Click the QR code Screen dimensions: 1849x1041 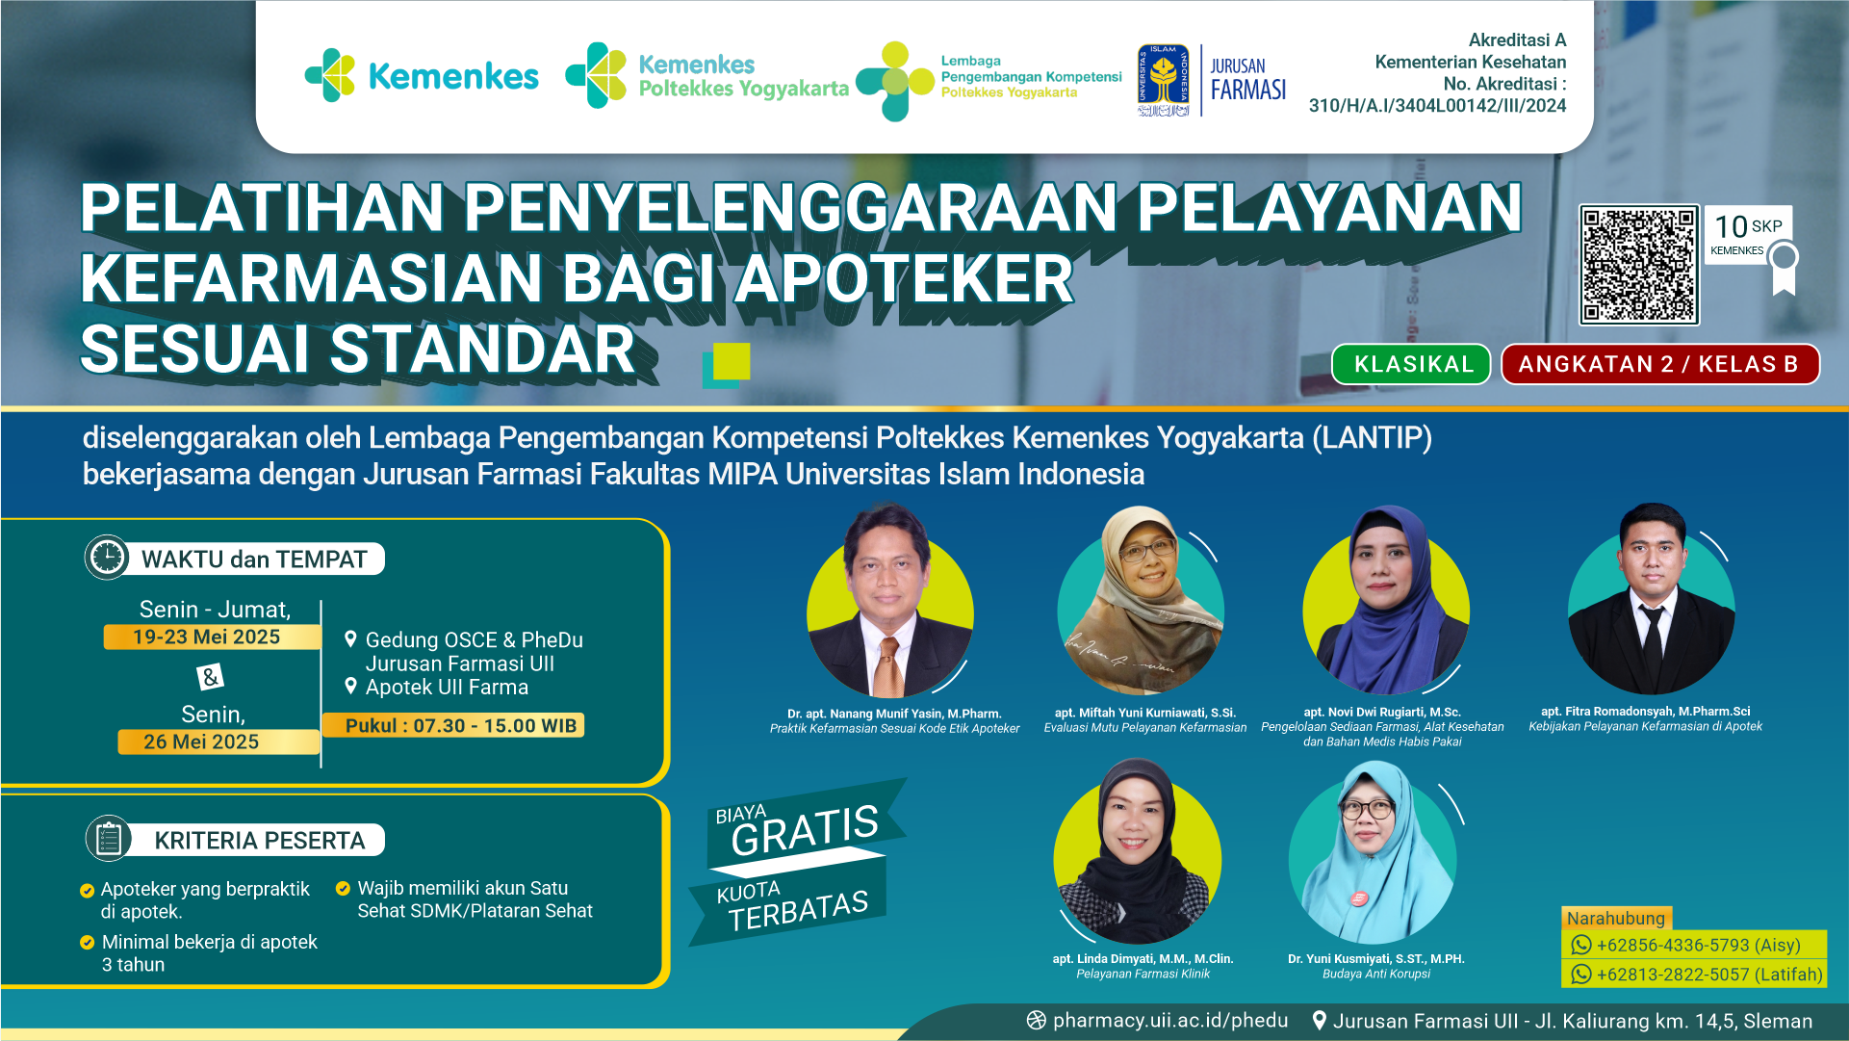[1638, 265]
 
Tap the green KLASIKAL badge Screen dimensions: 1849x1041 [1412, 364]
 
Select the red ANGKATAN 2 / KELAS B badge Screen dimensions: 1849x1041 [1659, 364]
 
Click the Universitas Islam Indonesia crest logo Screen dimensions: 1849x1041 [1163, 81]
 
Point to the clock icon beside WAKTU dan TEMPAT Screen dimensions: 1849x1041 [107, 558]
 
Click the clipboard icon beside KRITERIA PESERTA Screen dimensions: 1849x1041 [108, 839]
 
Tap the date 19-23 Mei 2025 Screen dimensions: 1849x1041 [207, 637]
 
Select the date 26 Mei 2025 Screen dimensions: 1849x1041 [201, 742]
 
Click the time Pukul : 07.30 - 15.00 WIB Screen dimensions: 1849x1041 [461, 725]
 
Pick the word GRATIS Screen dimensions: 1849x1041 [805, 830]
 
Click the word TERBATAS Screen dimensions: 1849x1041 [798, 910]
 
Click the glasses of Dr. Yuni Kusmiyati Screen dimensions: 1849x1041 [1367, 809]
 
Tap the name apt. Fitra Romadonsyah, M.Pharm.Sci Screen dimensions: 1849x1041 [1645, 712]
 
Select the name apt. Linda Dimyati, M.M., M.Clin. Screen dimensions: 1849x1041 [1143, 959]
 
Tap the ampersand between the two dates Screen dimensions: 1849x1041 [210, 677]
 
